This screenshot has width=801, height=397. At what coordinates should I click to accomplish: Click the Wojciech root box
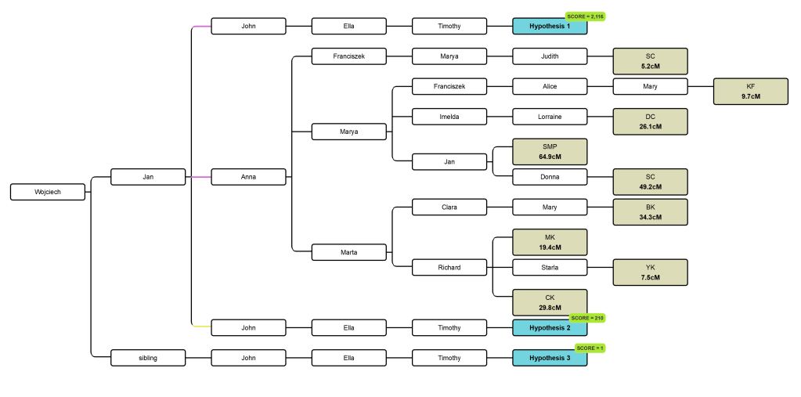(48, 192)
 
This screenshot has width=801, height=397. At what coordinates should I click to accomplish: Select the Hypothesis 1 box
(549, 27)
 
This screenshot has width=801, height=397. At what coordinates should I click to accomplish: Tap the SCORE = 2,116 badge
(586, 16)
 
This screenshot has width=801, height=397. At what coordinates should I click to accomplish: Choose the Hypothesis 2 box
(549, 328)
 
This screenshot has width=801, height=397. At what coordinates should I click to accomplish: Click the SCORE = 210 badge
(588, 318)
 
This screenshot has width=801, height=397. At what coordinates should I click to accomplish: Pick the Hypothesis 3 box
(549, 358)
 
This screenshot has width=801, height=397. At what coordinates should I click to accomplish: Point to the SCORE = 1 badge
(590, 348)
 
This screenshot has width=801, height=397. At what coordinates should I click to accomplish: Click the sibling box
(148, 358)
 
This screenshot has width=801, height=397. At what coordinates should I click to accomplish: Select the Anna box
(248, 177)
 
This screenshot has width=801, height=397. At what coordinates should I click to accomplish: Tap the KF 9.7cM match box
(750, 91)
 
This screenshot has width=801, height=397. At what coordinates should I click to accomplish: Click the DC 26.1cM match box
(650, 121)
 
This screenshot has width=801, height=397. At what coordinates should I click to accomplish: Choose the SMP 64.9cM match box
(549, 152)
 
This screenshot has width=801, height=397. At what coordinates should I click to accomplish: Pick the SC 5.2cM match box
(650, 61)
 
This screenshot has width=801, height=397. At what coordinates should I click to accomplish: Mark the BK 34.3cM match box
(650, 212)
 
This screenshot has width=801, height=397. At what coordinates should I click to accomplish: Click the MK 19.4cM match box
(549, 242)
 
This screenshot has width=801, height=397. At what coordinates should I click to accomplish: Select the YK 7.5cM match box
(650, 272)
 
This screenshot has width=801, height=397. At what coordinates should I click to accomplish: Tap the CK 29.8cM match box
(549, 302)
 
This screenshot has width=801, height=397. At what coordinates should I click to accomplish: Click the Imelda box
(449, 117)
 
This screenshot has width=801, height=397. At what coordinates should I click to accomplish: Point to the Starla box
(549, 268)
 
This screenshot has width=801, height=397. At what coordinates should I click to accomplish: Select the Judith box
(549, 56)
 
